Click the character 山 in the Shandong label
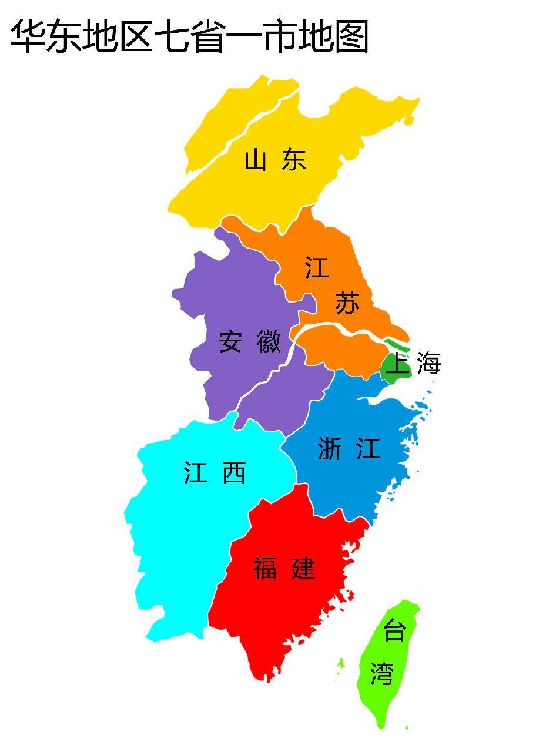tap(256, 160)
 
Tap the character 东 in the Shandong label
tap(294, 160)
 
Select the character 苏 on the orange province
tap(347, 303)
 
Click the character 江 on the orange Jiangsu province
tap(317, 268)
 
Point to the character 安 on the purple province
tap(230, 341)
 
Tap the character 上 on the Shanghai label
tap(398, 364)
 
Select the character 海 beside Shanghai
tap(429, 364)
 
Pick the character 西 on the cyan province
tap(234, 473)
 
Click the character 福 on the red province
tap(265, 569)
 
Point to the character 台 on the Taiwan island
tap(394, 631)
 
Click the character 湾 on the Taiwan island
tap(382, 673)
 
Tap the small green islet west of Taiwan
tap(340, 663)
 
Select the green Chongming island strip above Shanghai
tap(397, 346)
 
